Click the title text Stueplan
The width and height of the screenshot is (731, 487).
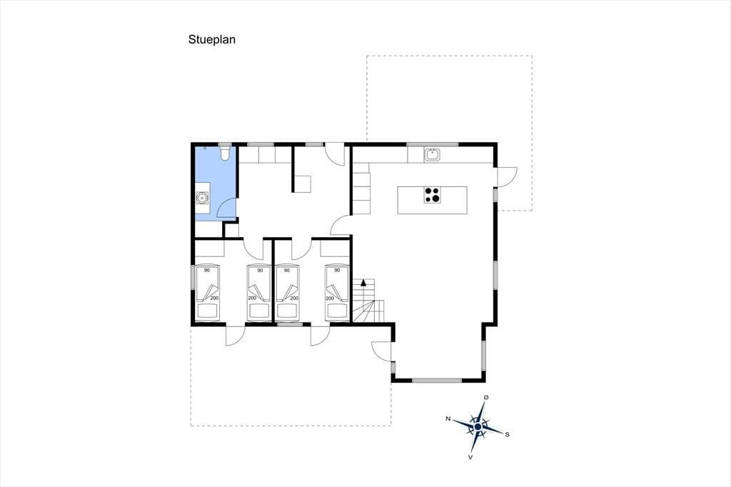(x=211, y=40)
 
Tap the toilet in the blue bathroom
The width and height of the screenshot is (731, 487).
(x=225, y=154)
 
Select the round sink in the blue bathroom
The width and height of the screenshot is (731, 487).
(x=202, y=199)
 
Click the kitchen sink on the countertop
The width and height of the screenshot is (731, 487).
(x=433, y=155)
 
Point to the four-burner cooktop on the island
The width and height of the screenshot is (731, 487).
(x=432, y=194)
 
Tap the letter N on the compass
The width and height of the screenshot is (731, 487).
(x=448, y=418)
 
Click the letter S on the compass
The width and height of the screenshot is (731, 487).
(x=508, y=434)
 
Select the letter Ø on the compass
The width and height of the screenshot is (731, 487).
(x=486, y=397)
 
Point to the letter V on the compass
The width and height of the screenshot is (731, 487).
(x=470, y=457)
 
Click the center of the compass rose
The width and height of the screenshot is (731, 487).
(x=478, y=427)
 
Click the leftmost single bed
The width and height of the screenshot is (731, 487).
(x=208, y=293)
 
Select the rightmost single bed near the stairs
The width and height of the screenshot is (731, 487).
(x=337, y=293)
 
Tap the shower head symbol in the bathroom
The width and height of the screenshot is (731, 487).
(x=206, y=148)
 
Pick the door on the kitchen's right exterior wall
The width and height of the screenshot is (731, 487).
(x=508, y=176)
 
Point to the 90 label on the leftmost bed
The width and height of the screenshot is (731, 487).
(x=206, y=271)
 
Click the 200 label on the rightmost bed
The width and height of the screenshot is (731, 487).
(x=330, y=298)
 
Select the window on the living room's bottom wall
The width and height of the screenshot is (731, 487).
(x=437, y=381)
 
